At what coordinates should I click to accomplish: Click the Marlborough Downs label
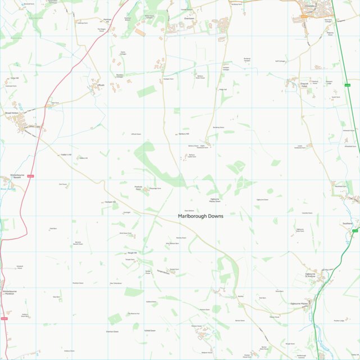pyautogui.click(x=200, y=216)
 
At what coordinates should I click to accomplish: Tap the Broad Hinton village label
pyautogui.click(x=12, y=113)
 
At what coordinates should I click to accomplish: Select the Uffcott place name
pyautogui.click(x=101, y=85)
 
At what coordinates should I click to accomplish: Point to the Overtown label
pyautogui.click(x=189, y=18)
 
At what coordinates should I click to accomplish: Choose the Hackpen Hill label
pyautogui.click(x=110, y=202)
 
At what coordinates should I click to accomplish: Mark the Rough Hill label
pyautogui.click(x=132, y=253)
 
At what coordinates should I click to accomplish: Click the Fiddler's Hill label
pyautogui.click(x=66, y=154)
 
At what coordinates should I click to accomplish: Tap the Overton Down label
pyautogui.click(x=112, y=331)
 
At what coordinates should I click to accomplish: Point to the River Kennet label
pyautogui.click(x=7, y=189)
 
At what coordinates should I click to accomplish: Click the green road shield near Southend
pyautogui.click(x=354, y=231)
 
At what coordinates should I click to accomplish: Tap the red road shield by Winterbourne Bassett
pyautogui.click(x=30, y=177)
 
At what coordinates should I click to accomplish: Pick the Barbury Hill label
pyautogui.click(x=184, y=134)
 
